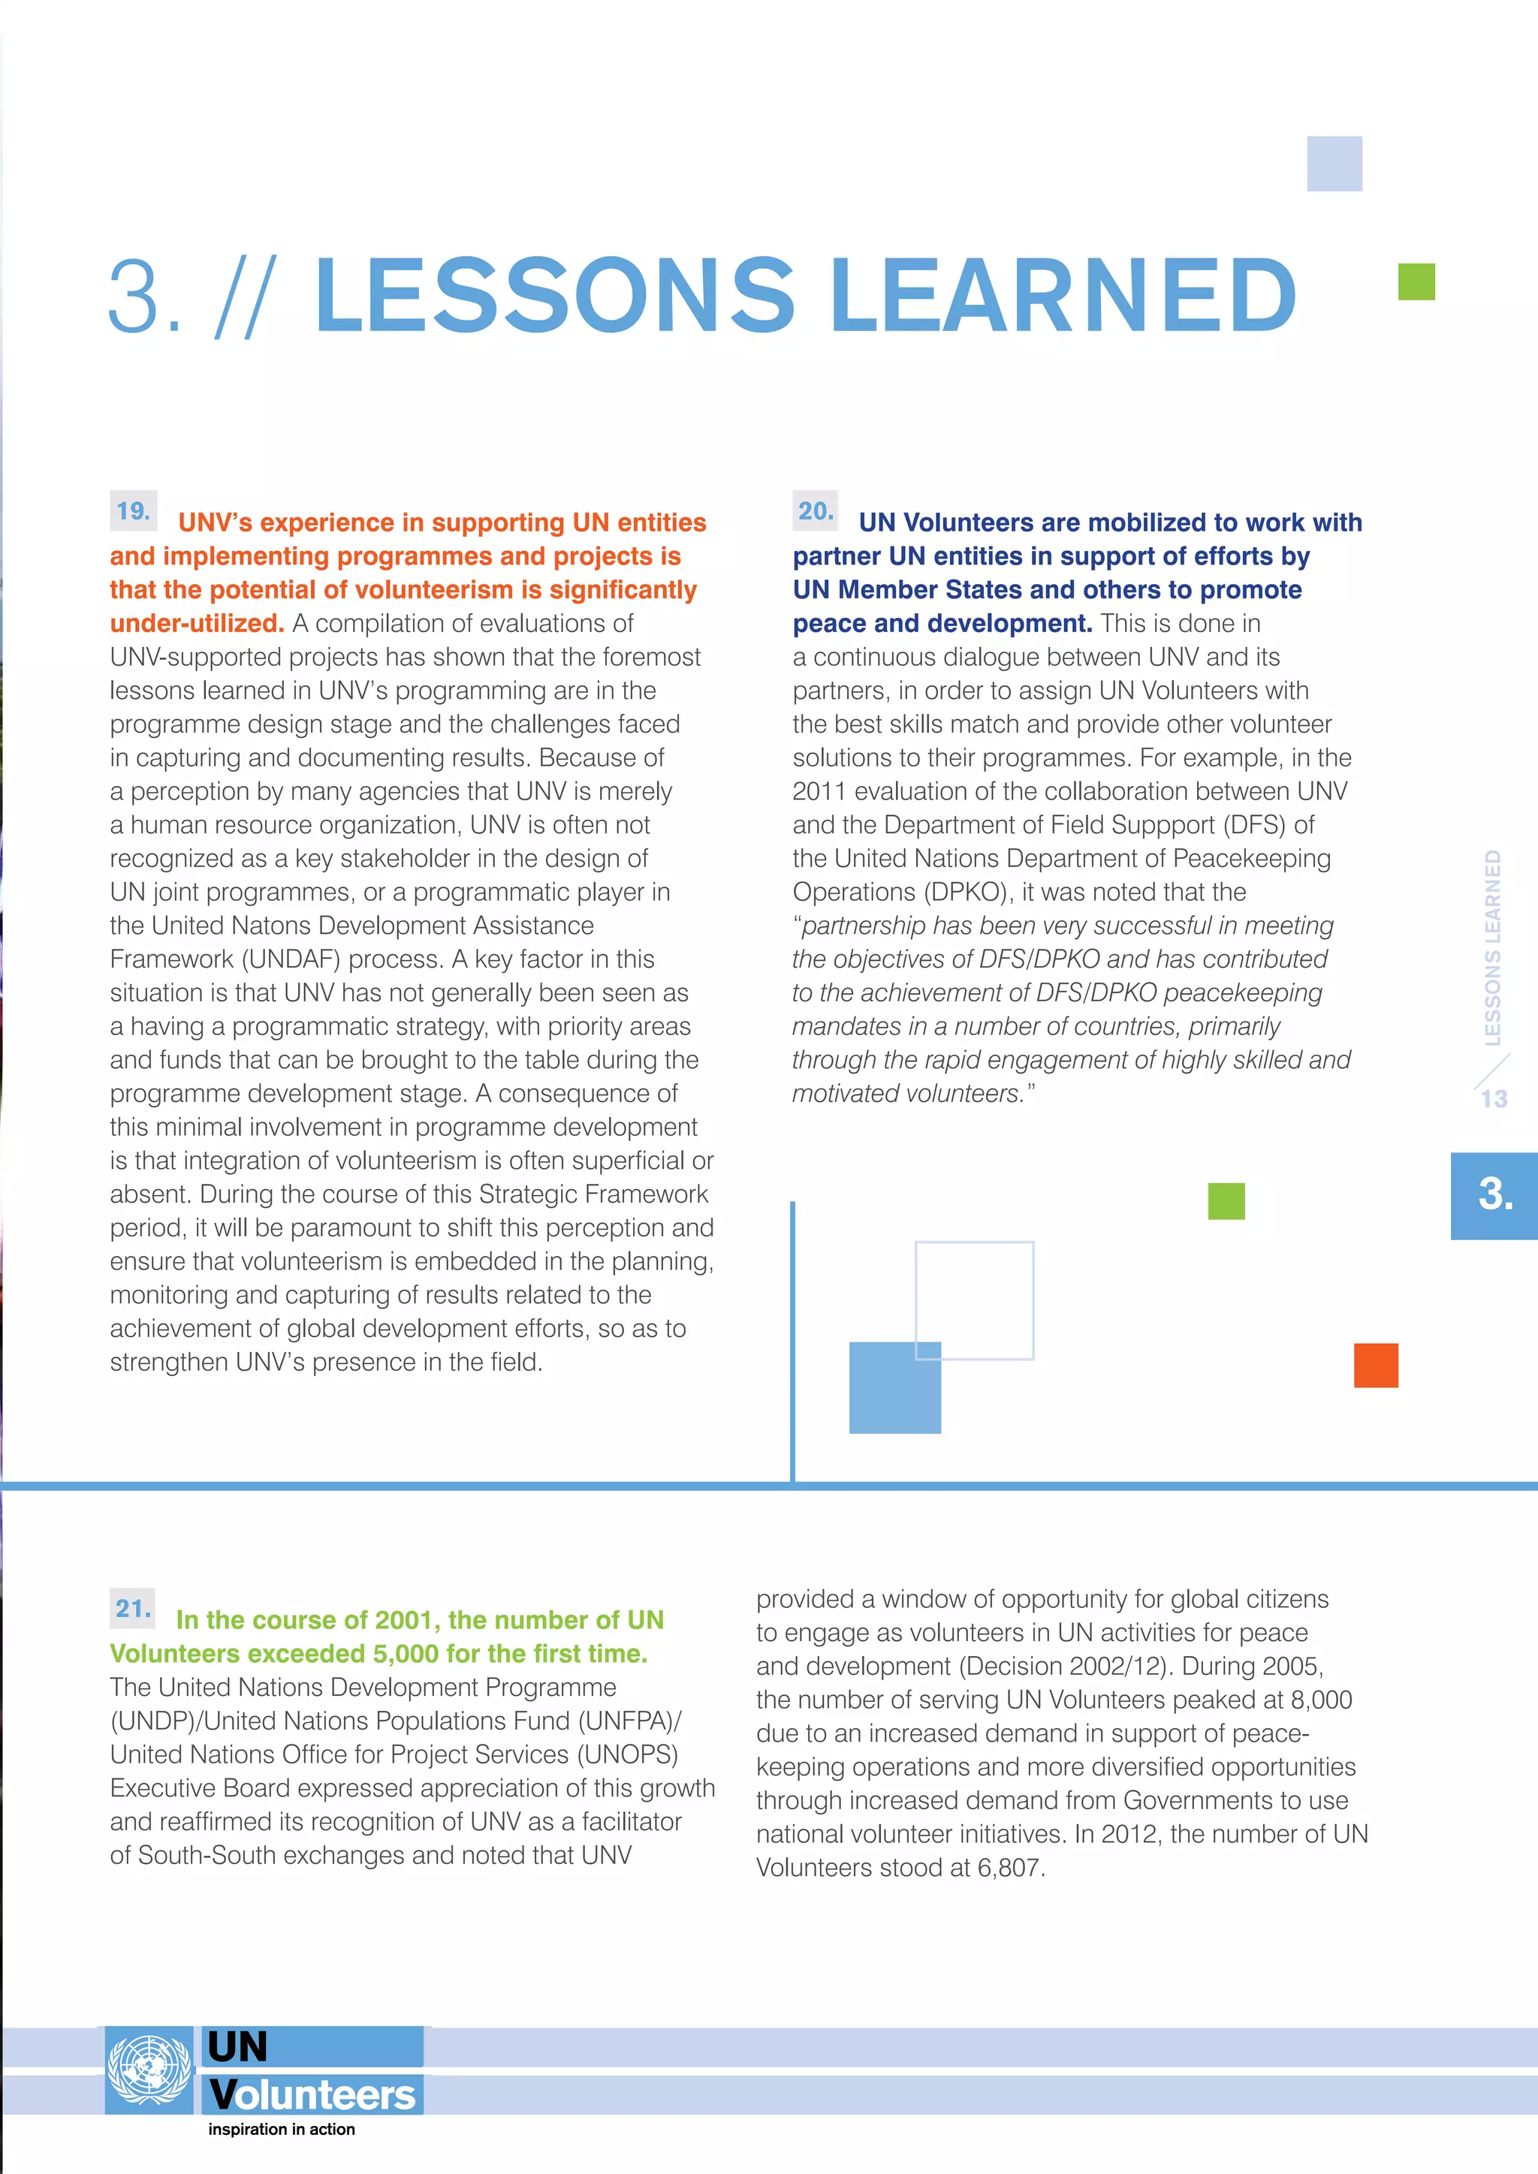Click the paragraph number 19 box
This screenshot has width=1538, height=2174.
point(134,511)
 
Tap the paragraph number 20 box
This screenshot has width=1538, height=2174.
point(816,511)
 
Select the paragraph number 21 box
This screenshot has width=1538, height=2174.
point(133,1608)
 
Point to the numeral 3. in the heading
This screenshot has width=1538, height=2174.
point(145,297)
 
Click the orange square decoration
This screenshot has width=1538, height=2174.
point(1375,1366)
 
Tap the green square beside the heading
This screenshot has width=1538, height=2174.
point(1416,282)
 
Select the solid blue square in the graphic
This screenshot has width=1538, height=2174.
point(894,1387)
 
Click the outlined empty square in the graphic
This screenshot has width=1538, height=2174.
point(975,1300)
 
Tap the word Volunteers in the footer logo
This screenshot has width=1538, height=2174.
point(312,2094)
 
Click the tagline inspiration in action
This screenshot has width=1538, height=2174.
point(282,2130)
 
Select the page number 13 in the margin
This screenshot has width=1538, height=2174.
point(1494,1098)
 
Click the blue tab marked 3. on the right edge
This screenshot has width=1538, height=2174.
point(1494,1195)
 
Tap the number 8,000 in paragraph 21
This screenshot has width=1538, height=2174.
point(1321,1700)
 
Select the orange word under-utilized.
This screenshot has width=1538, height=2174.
point(197,623)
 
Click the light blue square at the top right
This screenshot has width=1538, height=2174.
point(1334,164)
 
